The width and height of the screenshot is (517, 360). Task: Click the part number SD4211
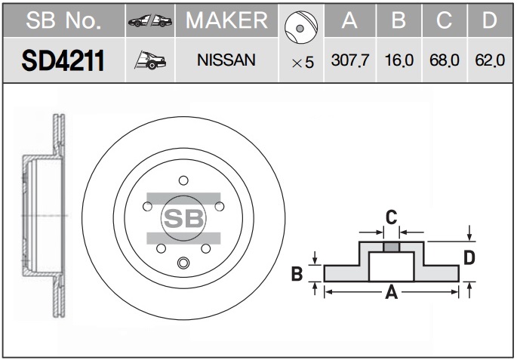pos(63,60)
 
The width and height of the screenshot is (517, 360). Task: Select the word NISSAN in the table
pos(226,60)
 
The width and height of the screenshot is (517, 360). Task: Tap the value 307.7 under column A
pos(350,60)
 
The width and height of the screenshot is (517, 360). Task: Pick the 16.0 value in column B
pos(399,60)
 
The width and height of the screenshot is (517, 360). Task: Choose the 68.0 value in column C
pos(444,60)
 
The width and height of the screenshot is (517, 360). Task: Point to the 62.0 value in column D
pos(490,60)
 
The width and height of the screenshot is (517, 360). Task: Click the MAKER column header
pos(226,20)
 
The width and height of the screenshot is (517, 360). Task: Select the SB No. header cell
pos(63,20)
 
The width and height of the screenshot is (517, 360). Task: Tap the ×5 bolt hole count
pos(303,63)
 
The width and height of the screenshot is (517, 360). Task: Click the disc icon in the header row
pos(301,27)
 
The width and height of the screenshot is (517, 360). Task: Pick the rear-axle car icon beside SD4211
pos(150,60)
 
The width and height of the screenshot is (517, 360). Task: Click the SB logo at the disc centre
pos(183,218)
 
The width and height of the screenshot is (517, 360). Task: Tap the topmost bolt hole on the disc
pos(183,180)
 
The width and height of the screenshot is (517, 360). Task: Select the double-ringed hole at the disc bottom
pos(183,263)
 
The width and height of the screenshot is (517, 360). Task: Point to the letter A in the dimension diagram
pos(392,292)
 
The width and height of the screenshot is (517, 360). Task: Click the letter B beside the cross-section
pos(297,274)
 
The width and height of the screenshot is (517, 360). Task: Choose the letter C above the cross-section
pos(392,217)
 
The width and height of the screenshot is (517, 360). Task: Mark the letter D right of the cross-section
pos(469,257)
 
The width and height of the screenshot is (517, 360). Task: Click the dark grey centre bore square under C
pos(392,247)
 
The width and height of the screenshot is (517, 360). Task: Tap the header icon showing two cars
pos(150,20)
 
